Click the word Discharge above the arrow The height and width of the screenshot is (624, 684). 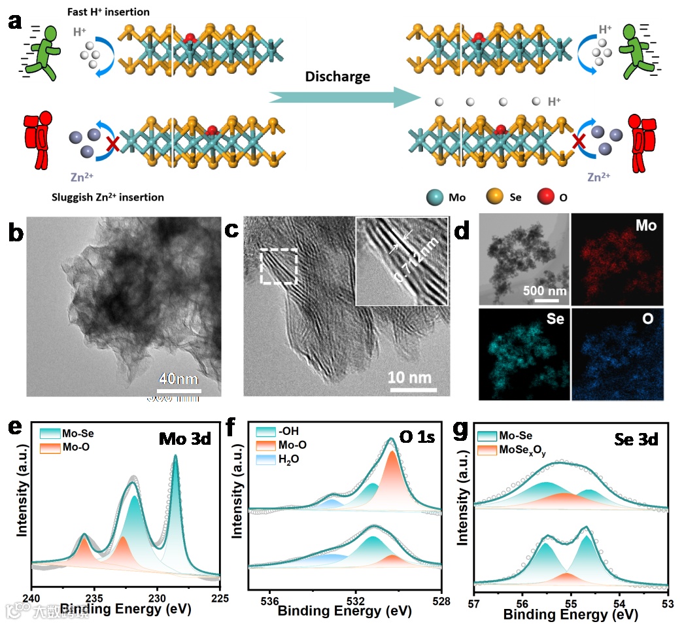(337, 77)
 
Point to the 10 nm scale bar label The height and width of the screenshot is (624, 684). (410, 377)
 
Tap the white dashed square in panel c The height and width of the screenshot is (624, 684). (279, 266)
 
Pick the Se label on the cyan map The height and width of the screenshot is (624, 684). (551, 321)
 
